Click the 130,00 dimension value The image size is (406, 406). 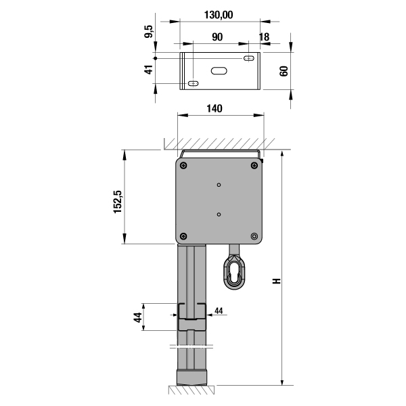click(x=219, y=15)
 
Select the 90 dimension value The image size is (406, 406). click(x=217, y=37)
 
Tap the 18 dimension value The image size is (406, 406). click(x=264, y=37)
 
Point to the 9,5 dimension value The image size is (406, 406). click(x=149, y=31)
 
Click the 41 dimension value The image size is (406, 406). click(x=149, y=70)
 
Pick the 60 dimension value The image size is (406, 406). click(x=284, y=71)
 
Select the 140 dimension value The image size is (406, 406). click(x=215, y=108)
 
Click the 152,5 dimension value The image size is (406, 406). click(x=117, y=202)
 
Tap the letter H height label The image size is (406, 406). click(x=277, y=281)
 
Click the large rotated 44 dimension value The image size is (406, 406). click(x=138, y=317)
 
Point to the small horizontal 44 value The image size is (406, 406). click(x=219, y=311)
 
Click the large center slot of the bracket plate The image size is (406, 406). click(x=219, y=70)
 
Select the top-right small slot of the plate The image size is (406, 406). click(x=249, y=58)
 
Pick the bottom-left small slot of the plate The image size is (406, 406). click(x=193, y=83)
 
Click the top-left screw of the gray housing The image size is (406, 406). click(x=183, y=165)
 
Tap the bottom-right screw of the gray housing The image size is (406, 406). click(x=254, y=236)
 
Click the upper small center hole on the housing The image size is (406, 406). click(x=219, y=185)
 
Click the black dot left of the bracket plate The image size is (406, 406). click(x=156, y=58)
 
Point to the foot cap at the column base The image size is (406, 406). click(x=192, y=378)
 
